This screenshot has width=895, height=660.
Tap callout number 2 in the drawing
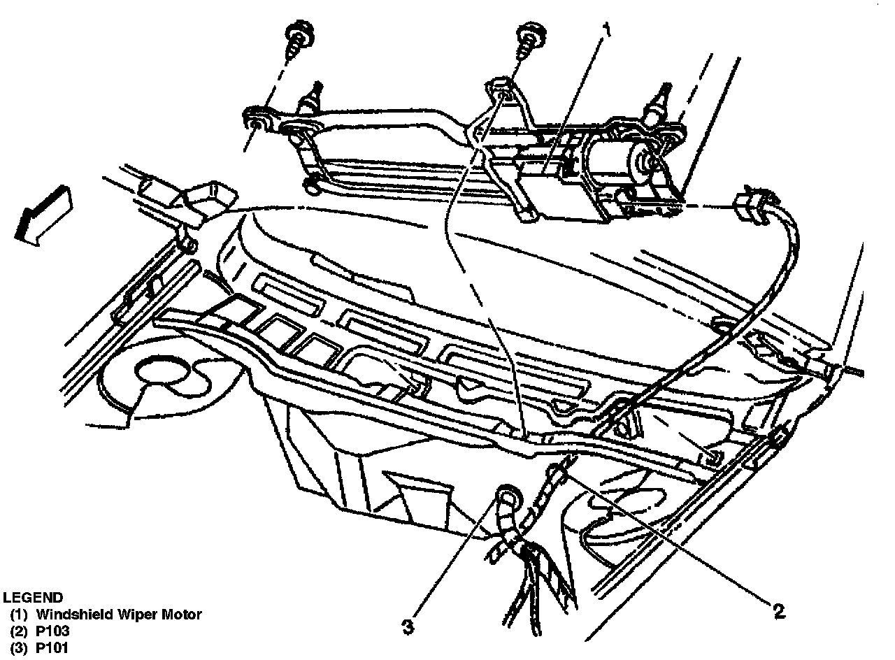click(776, 610)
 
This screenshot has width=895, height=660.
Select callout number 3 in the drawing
click(410, 624)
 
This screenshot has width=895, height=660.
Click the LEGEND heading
click(33, 598)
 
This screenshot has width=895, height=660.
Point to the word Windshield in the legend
click(71, 615)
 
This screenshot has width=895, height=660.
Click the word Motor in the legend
click(184, 615)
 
